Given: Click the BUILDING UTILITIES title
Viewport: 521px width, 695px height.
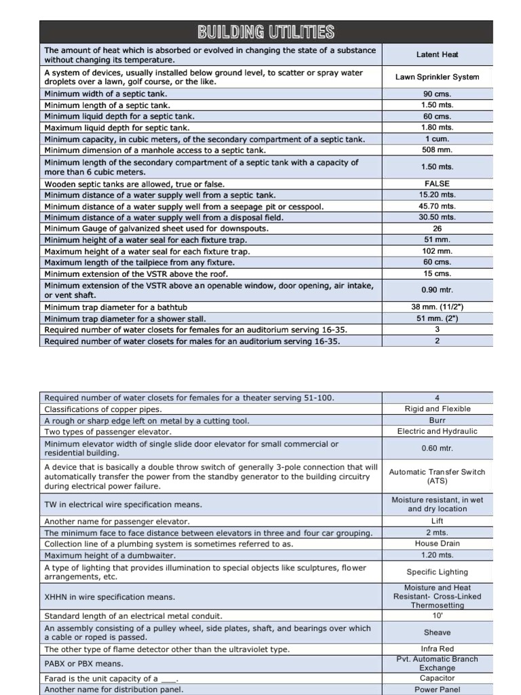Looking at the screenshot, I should [265, 32].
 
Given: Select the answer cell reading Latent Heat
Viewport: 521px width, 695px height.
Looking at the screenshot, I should [437, 54].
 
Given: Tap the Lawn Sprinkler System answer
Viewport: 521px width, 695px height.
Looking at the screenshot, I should [437, 77].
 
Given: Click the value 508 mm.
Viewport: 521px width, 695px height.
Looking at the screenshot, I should [437, 150].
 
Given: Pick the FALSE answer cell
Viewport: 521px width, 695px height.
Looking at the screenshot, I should [437, 183].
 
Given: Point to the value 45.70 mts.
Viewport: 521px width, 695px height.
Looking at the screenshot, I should [437, 206].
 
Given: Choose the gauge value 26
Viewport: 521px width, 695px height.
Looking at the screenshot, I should [437, 229].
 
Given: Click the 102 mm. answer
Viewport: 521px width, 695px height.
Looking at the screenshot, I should [437, 251].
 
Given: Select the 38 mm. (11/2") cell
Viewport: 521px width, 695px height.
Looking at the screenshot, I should [437, 307].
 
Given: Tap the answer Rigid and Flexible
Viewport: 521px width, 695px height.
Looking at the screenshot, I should [437, 409].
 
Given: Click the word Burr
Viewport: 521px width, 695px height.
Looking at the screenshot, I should [437, 420].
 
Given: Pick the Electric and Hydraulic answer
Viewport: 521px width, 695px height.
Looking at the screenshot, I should [437, 431].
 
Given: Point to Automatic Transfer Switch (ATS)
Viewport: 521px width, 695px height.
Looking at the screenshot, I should [437, 476].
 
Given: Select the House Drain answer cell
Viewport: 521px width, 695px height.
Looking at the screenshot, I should [437, 543].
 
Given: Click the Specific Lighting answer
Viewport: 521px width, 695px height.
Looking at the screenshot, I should [437, 572].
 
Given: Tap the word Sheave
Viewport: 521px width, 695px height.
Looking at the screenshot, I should [437, 632].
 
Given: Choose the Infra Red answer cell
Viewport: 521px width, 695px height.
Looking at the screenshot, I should [437, 649].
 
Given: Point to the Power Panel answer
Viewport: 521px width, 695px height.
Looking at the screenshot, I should [437, 689].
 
